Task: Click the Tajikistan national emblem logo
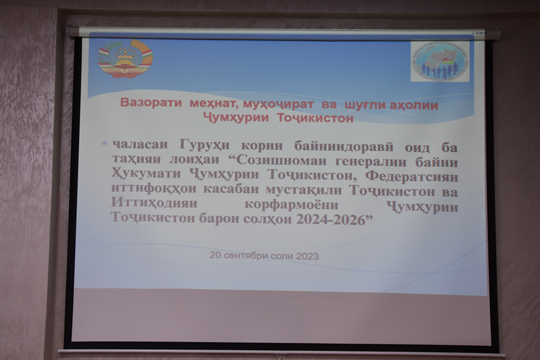[x=125, y=59]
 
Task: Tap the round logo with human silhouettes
[x=440, y=61]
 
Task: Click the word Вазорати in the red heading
[x=151, y=103]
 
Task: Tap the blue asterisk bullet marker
[x=104, y=143]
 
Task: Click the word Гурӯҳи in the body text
[x=205, y=146]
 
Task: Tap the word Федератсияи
[x=412, y=177]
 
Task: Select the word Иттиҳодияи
[x=155, y=203]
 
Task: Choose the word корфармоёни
[x=292, y=205]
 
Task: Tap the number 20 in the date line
[x=215, y=255]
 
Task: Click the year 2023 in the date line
[x=307, y=256]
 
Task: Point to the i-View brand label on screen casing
[x=479, y=33]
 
